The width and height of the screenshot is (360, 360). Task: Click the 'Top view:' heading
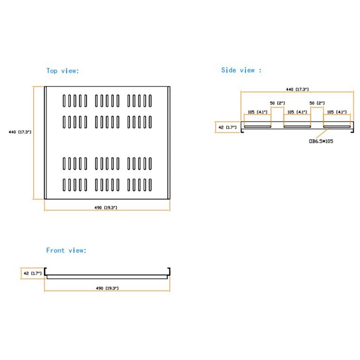63,71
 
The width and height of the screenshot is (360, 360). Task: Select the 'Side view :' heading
241,70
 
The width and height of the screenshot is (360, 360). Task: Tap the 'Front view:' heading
66,250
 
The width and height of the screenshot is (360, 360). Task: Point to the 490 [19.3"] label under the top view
106,207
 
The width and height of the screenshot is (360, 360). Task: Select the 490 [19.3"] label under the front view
106,288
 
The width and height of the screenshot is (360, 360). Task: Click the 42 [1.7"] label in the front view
32,273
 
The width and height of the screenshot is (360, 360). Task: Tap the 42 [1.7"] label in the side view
227,127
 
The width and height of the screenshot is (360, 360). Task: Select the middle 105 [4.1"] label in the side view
297,112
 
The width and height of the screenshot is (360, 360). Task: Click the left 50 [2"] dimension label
278,103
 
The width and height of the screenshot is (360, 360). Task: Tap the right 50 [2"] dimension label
317,103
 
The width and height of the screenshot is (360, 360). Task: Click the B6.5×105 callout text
321,141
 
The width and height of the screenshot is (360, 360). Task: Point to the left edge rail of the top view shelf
45,143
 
